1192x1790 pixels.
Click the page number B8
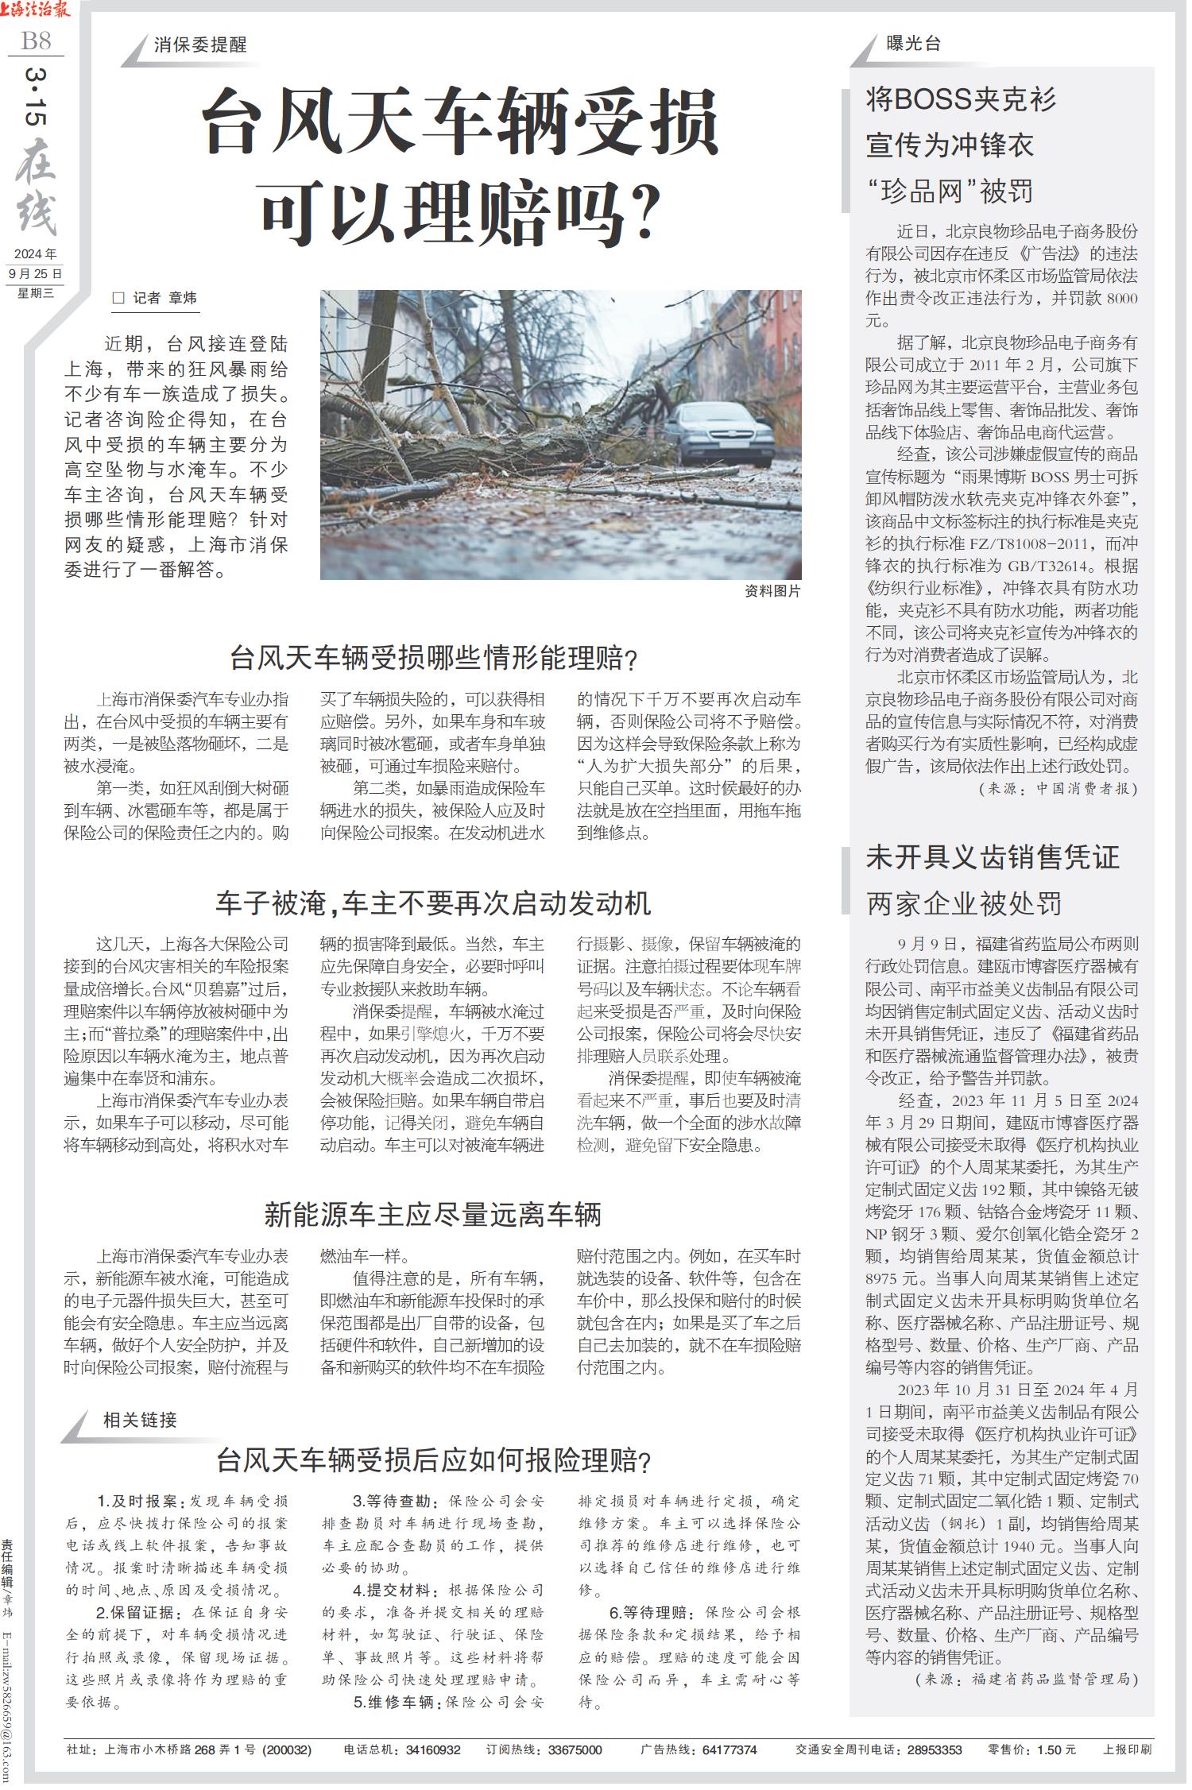coord(37,40)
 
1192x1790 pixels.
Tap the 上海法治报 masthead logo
coord(36,10)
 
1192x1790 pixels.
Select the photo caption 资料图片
coord(772,592)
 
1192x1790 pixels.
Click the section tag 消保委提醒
coord(200,45)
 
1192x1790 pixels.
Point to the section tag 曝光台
coord(914,44)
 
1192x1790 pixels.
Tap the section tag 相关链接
coord(140,1420)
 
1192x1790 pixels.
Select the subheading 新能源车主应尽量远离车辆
coord(433,1215)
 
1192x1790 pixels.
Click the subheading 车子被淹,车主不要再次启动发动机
coord(433,903)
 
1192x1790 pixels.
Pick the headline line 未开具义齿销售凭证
coord(993,857)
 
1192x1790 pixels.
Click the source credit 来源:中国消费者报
coord(1061,789)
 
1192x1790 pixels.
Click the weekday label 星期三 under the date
coord(36,293)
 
